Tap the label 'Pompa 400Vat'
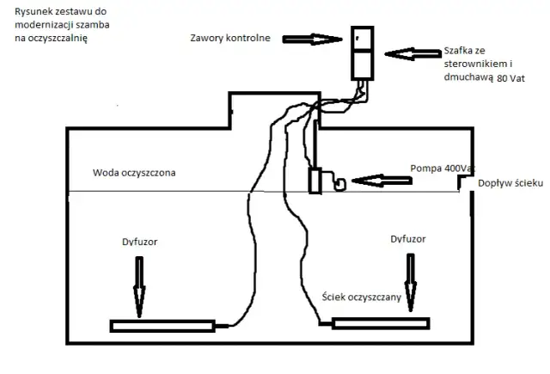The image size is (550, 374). pyautogui.click(x=441, y=169)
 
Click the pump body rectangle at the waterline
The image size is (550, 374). pyautogui.click(x=315, y=183)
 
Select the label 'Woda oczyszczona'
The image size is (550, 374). pyautogui.click(x=134, y=173)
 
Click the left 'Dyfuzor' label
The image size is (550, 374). pyautogui.click(x=139, y=242)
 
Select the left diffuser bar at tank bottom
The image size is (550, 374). pyautogui.click(x=162, y=325)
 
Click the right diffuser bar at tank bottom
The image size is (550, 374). pyautogui.click(x=381, y=322)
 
